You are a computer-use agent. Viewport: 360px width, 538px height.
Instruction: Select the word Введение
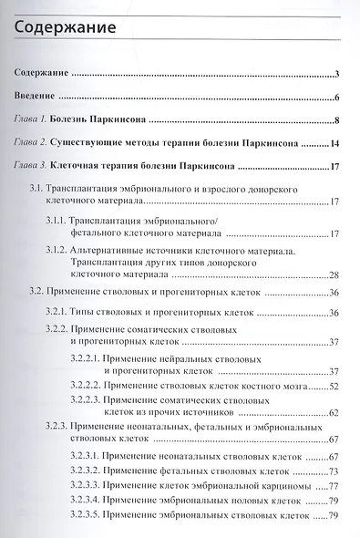(x=40, y=96)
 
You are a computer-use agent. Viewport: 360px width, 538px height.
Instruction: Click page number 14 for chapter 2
(x=334, y=143)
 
